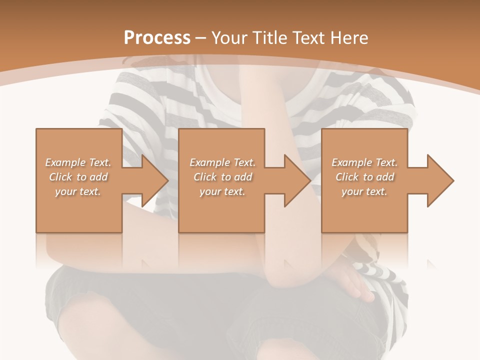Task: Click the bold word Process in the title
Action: pos(157,38)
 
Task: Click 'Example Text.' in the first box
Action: pos(78,162)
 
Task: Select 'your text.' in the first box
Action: pos(78,191)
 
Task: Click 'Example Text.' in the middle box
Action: pos(222,162)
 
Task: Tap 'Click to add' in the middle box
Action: pos(222,177)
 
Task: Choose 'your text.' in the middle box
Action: pos(222,191)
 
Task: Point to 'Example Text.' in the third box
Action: pos(364,162)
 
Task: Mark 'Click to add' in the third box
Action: pos(364,177)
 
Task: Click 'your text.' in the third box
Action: pos(364,191)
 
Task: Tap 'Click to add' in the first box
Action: pos(78,177)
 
